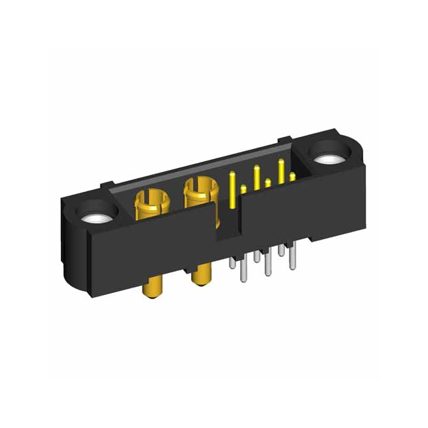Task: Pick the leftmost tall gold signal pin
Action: (232, 189)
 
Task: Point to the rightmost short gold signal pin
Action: (292, 178)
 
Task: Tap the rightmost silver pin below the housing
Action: (292, 257)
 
